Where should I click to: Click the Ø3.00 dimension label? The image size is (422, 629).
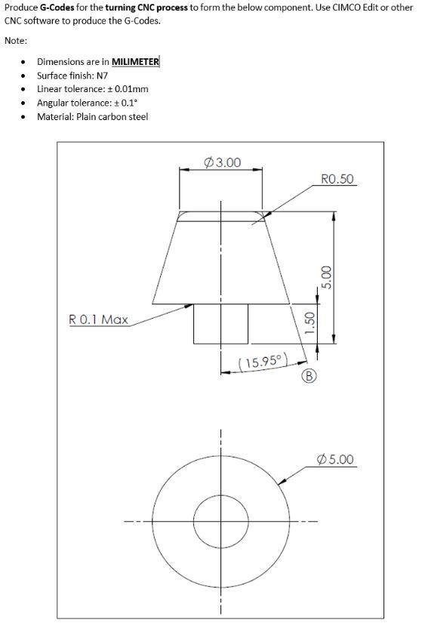tap(223, 162)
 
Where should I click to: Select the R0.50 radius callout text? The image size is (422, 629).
tap(337, 179)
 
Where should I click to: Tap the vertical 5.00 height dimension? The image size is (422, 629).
tap(326, 277)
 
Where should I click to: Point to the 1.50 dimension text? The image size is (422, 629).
tap(308, 324)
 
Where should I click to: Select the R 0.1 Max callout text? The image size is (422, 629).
tap(99, 319)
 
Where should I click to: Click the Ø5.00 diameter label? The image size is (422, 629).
tap(336, 459)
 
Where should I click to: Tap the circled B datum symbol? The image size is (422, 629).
tap(308, 375)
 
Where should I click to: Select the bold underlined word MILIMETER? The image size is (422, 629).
tap(135, 62)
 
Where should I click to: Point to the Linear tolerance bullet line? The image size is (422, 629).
tap(87, 89)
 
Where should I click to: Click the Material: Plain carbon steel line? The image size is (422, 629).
tap(92, 116)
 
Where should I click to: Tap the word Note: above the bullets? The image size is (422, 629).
tap(16, 40)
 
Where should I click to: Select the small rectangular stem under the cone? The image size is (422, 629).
tap(220, 324)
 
